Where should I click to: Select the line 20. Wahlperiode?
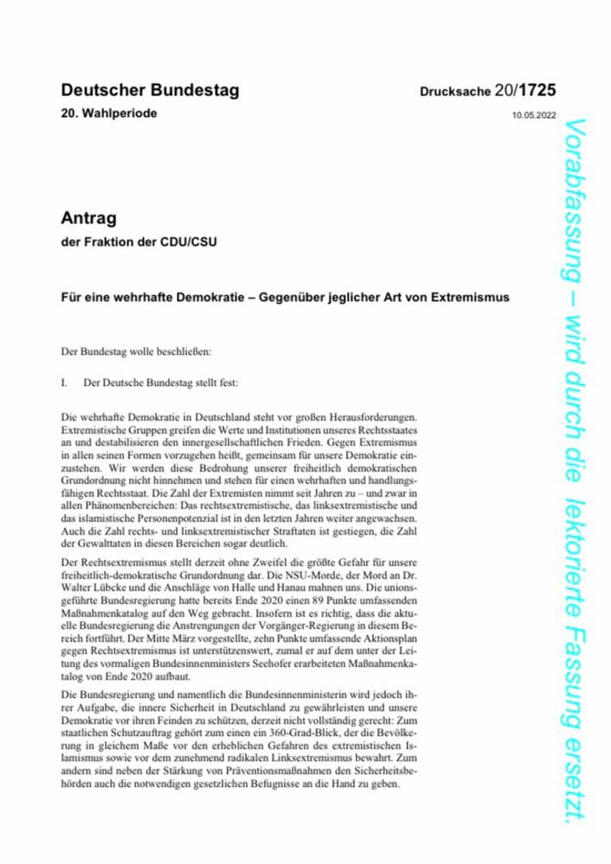pyautogui.click(x=109, y=113)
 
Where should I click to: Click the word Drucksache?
pyautogui.click(x=455, y=93)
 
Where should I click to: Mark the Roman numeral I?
pyautogui.click(x=64, y=383)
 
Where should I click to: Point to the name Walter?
pyautogui.click(x=77, y=590)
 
